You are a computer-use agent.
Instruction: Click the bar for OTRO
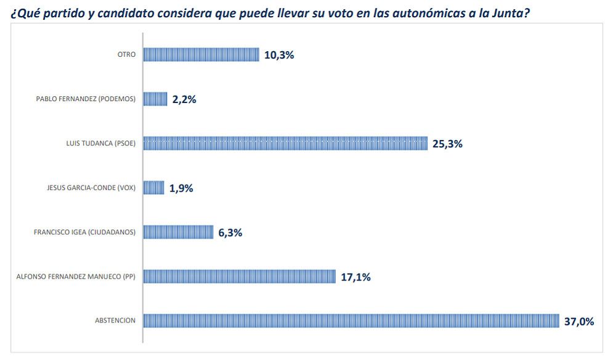(x=201, y=54)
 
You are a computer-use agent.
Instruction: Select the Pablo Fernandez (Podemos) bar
(x=155, y=99)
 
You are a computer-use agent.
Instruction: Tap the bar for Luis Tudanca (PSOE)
(x=285, y=143)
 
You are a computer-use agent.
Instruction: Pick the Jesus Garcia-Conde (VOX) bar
(x=154, y=187)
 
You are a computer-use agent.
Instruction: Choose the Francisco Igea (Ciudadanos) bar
(x=178, y=232)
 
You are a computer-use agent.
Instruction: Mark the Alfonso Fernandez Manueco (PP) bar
(x=239, y=276)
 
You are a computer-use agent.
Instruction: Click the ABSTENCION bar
(x=351, y=321)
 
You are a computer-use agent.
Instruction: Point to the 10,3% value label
(x=279, y=55)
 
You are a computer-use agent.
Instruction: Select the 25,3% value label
(x=447, y=144)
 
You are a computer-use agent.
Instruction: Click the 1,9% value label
(x=181, y=188)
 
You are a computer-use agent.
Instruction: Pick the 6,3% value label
(x=230, y=232)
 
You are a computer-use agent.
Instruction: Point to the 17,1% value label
(x=355, y=277)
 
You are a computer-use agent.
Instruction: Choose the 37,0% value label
(x=579, y=321)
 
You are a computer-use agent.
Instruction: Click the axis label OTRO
(x=126, y=54)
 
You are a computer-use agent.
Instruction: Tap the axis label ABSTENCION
(x=115, y=321)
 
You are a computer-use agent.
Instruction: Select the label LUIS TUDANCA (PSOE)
(x=100, y=143)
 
